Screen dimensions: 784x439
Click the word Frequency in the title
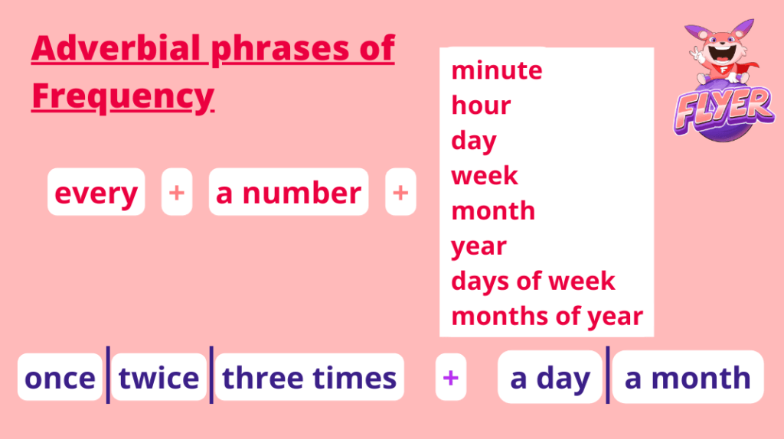[122, 96]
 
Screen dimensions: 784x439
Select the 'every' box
[96, 192]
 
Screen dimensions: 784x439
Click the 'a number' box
[289, 192]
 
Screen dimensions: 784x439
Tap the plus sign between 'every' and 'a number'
[177, 192]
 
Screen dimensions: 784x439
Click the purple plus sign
[450, 378]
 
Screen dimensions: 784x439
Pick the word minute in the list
[496, 70]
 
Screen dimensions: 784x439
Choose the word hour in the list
[481, 106]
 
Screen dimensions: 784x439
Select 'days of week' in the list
[533, 281]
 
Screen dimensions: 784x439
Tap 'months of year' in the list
[547, 317]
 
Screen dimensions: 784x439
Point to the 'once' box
[60, 378]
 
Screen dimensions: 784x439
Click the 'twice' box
[159, 378]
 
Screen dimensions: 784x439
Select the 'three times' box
[309, 378]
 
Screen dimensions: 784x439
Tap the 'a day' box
[550, 377]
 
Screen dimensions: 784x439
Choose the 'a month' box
[688, 377]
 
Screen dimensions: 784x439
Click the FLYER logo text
[724, 109]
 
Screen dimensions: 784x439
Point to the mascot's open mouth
[722, 53]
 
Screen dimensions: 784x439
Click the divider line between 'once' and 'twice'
[108, 375]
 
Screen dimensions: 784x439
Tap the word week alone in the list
[485, 176]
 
